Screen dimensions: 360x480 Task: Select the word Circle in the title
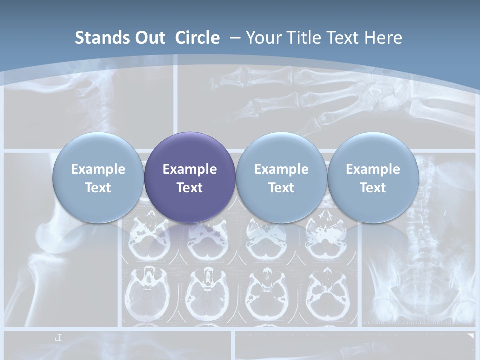(197, 38)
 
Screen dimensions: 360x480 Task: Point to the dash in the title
(234, 38)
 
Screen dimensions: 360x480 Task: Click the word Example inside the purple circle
(190, 169)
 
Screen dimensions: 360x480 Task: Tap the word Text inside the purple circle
(190, 188)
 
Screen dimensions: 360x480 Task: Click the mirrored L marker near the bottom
(58, 338)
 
